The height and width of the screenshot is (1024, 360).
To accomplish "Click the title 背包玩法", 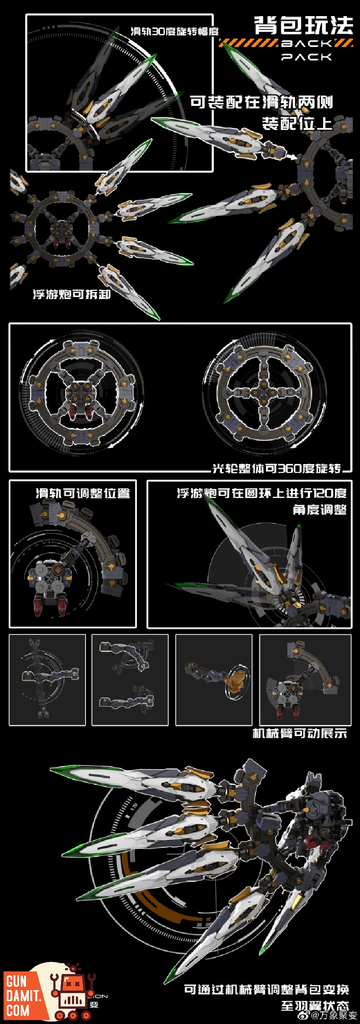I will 303,26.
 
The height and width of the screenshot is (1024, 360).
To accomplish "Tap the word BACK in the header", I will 307,43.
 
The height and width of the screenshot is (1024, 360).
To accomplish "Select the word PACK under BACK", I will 307,56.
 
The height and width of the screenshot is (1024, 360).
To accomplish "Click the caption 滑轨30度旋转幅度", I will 174,31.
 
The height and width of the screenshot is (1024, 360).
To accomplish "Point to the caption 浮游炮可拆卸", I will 72,294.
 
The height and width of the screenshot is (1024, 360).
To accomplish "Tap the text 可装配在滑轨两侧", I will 261,102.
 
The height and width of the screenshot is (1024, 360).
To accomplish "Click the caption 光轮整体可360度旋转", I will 277,468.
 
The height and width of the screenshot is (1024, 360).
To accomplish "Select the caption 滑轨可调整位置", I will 83,493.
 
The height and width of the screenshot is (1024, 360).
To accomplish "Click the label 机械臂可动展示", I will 300,733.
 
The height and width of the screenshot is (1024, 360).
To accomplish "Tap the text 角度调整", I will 319,509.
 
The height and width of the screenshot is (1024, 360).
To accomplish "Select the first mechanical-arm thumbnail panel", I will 47,680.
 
